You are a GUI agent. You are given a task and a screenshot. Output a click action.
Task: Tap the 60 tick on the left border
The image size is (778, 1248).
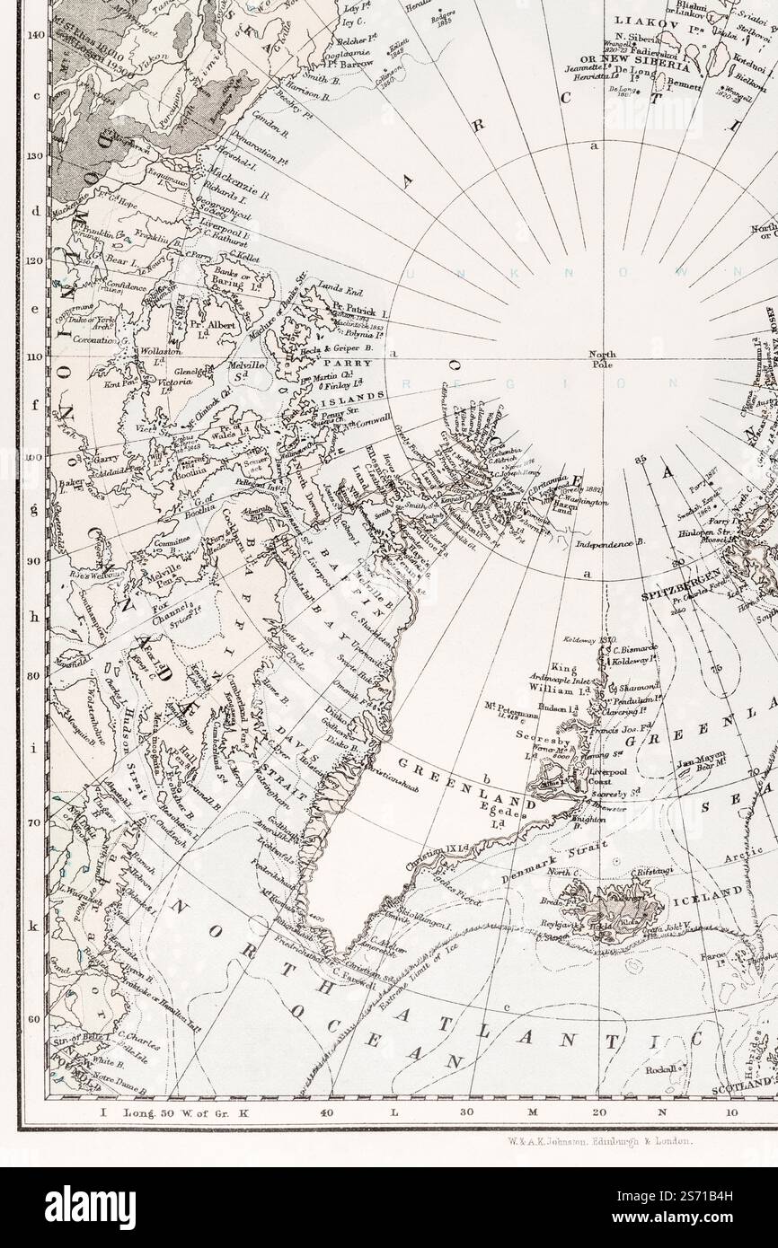point(36,1019)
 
